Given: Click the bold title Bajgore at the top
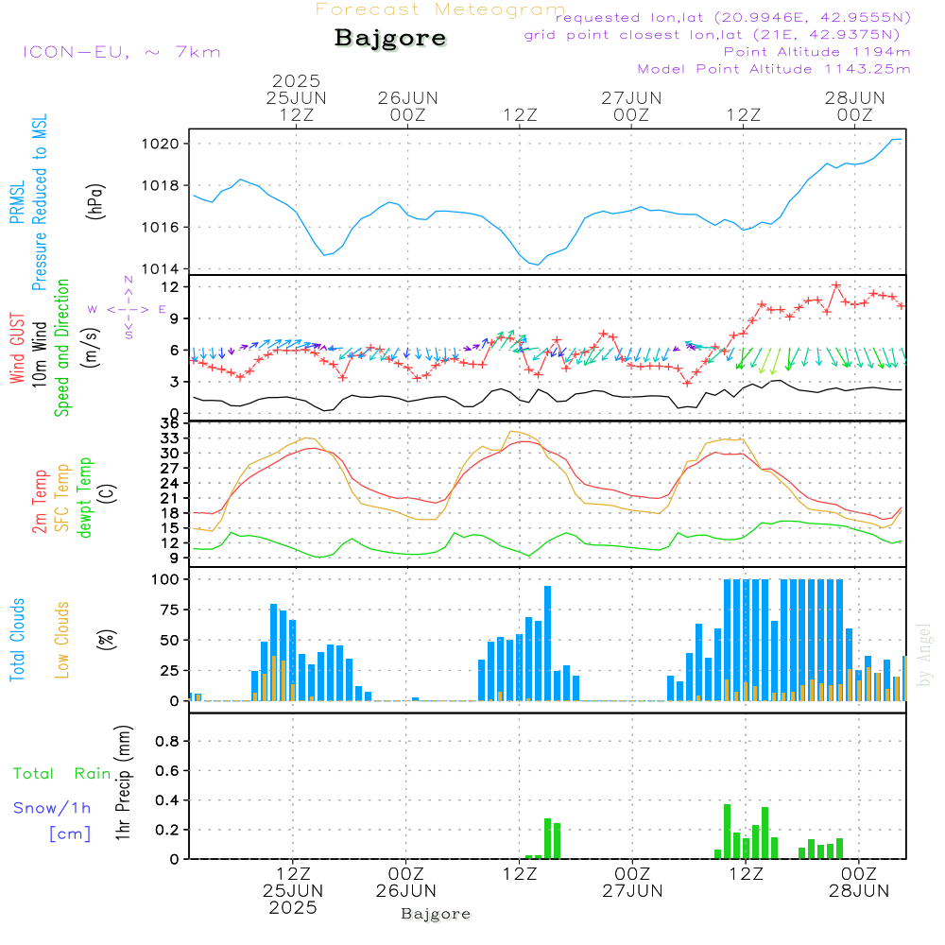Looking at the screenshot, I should pos(390,39).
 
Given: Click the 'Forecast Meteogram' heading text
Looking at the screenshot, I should pos(440,9).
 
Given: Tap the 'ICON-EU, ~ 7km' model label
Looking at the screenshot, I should pos(121,52).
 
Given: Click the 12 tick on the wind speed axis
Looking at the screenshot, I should pos(172,285).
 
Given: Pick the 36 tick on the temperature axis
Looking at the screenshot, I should pos(172,423).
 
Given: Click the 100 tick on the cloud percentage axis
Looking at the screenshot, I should pos(168,578).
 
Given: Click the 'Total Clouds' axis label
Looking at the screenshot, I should pos(17,640).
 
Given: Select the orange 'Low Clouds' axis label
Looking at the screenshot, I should pos(62,640).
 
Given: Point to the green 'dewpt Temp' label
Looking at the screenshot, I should pos(85,498).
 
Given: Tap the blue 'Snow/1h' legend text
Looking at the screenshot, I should pos(53,808).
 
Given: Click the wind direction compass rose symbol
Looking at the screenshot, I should pos(129,308).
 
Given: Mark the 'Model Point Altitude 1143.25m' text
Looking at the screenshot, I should pos(774,69).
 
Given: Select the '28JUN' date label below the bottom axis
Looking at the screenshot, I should pos(858,890).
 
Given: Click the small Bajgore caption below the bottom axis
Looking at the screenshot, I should pos(436,914).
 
